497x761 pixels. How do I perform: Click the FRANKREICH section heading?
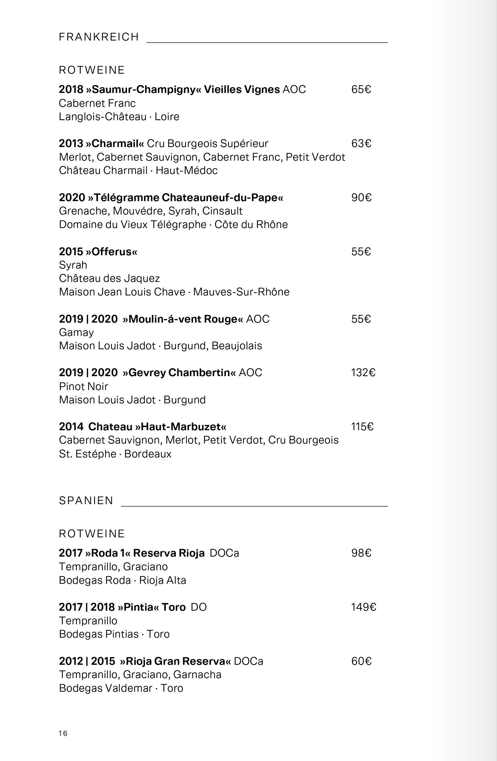click(99, 37)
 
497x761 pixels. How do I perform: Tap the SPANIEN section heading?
click(86, 500)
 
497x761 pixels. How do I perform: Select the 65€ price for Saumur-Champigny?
click(361, 89)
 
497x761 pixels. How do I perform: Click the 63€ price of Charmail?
click(361, 144)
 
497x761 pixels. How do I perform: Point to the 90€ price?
click(361, 198)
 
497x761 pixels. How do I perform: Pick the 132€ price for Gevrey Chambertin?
click(363, 373)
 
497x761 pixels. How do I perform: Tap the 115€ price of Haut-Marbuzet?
click(362, 426)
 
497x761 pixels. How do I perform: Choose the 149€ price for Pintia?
click(363, 607)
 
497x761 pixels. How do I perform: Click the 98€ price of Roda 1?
click(361, 553)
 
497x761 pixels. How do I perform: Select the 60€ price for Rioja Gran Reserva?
click(361, 661)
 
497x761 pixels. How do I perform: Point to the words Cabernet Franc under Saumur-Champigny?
click(97, 103)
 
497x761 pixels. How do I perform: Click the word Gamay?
click(76, 333)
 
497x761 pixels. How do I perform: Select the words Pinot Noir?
click(84, 386)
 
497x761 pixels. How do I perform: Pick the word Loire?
click(167, 117)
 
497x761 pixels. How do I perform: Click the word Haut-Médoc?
click(186, 170)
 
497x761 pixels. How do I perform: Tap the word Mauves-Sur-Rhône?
click(241, 292)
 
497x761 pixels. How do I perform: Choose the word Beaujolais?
click(237, 346)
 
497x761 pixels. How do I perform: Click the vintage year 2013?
click(71, 144)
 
